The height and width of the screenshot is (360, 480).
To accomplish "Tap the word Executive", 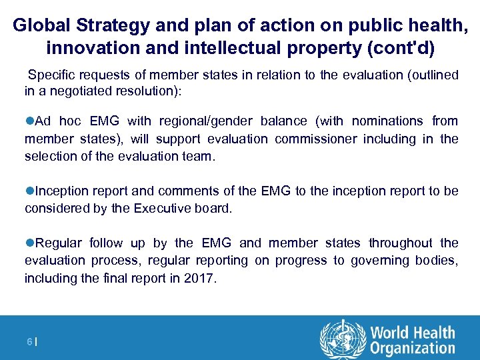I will [x=163, y=208].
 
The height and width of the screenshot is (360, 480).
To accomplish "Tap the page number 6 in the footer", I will [x=29, y=341].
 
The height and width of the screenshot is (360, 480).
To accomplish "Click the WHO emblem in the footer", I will [x=343, y=339].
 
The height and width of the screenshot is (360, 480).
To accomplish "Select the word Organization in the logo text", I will [x=413, y=348].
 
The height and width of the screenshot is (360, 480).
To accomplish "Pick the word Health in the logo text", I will [x=433, y=333].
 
